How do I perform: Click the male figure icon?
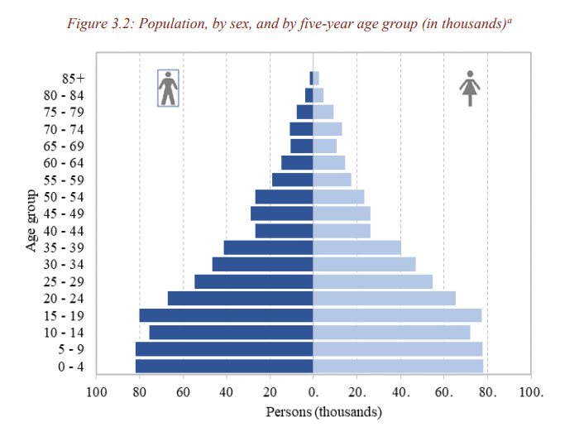click(169, 88)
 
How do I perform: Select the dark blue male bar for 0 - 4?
click(224, 366)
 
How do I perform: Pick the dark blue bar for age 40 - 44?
click(284, 231)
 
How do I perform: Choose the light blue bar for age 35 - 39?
click(356, 247)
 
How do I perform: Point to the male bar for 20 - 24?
click(240, 298)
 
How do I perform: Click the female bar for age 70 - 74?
click(327, 129)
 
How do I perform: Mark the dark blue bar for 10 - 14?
click(231, 332)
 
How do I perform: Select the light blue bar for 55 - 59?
click(332, 180)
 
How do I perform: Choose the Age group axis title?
click(31, 222)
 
